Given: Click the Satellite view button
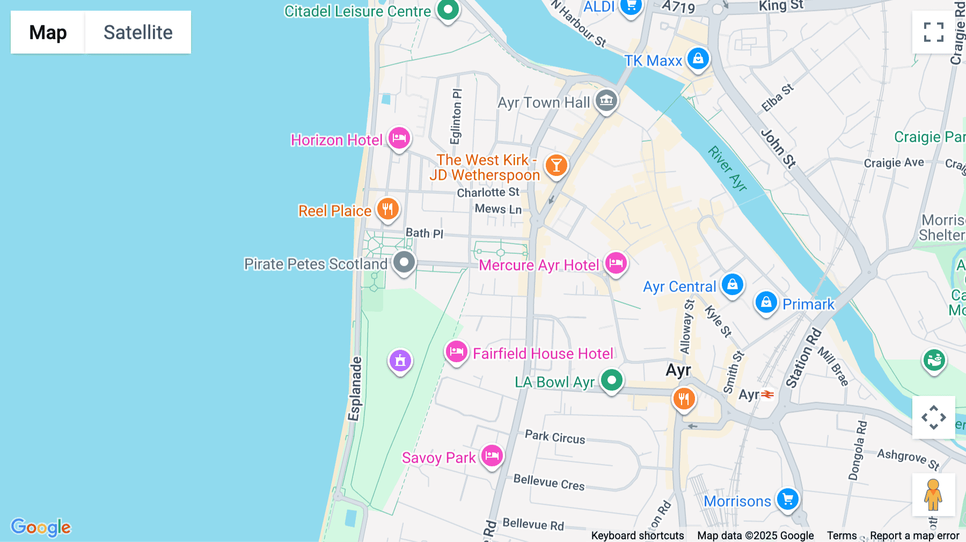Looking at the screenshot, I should coord(138,32).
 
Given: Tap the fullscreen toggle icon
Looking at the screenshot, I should coord(933,32).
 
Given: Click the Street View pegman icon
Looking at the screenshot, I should coord(933,494).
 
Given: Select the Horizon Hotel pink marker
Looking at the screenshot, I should coord(399,138).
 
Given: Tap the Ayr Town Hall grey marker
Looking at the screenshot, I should coord(606,100).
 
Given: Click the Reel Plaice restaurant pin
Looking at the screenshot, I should coord(387,209).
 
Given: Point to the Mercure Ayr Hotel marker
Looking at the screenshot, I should coord(616,263).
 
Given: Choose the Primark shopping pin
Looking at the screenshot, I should coord(766,302).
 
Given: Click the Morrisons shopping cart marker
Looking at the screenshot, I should coord(787,500).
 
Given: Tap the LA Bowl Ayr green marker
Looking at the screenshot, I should coord(611,380).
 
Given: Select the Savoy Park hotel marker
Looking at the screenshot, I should coord(492,456).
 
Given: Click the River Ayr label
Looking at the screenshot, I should coord(727,169).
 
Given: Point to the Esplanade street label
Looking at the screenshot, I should coord(354,389).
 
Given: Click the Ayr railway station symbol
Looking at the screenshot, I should coord(768,394).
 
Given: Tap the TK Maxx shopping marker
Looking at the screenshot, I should coord(698,58).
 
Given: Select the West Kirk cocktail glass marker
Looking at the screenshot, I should coord(556,165).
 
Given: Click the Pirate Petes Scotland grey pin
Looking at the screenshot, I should coord(404,262).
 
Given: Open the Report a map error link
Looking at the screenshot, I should coord(914,535).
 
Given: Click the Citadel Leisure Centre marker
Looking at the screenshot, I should coord(448,9).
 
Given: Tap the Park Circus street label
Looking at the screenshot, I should coord(555,437).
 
